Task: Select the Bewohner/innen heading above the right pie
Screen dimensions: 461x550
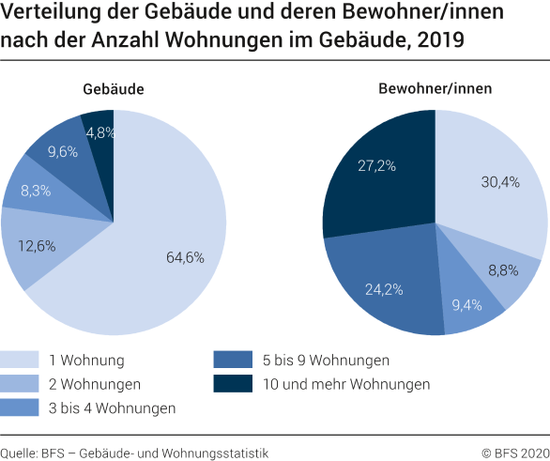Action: pyautogui.click(x=435, y=89)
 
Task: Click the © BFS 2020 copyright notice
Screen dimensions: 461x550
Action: pyautogui.click(x=512, y=453)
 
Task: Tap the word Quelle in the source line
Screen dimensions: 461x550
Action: pyautogui.click(x=21, y=453)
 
